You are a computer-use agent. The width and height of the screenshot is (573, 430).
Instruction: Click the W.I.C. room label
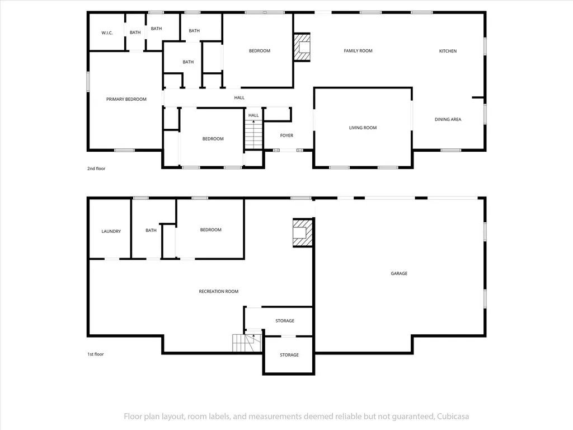point(107,33)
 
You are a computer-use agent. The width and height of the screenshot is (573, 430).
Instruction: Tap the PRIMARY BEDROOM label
point(126,99)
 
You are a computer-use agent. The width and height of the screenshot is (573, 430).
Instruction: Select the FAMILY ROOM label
point(358,51)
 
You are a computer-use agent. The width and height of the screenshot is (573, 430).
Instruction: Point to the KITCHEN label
point(448,51)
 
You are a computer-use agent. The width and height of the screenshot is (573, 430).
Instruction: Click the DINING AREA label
point(448,119)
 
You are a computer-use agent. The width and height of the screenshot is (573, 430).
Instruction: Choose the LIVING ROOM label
point(363,128)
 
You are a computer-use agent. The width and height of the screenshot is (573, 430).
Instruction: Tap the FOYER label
point(287,135)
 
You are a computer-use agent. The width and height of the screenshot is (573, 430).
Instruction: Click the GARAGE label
point(399,273)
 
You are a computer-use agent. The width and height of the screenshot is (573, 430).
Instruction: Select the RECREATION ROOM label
point(219,291)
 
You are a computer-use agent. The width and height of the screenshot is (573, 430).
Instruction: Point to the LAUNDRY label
point(111,231)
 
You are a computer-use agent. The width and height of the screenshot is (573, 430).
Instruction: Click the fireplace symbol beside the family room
point(302,48)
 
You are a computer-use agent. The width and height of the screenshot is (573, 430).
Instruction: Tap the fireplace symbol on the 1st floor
point(303,233)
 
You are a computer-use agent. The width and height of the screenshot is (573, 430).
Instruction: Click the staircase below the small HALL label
point(253,134)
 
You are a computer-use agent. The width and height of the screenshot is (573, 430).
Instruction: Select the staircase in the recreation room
point(247,343)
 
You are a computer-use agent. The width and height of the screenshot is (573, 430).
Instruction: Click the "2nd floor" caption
point(96,169)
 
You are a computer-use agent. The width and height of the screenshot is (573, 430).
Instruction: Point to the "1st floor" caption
point(95,354)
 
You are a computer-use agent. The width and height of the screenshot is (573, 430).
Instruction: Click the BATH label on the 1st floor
point(151,230)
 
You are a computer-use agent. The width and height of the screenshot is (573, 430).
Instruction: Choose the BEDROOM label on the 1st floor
point(211,230)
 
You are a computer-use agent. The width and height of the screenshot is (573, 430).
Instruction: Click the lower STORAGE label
point(289,354)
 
